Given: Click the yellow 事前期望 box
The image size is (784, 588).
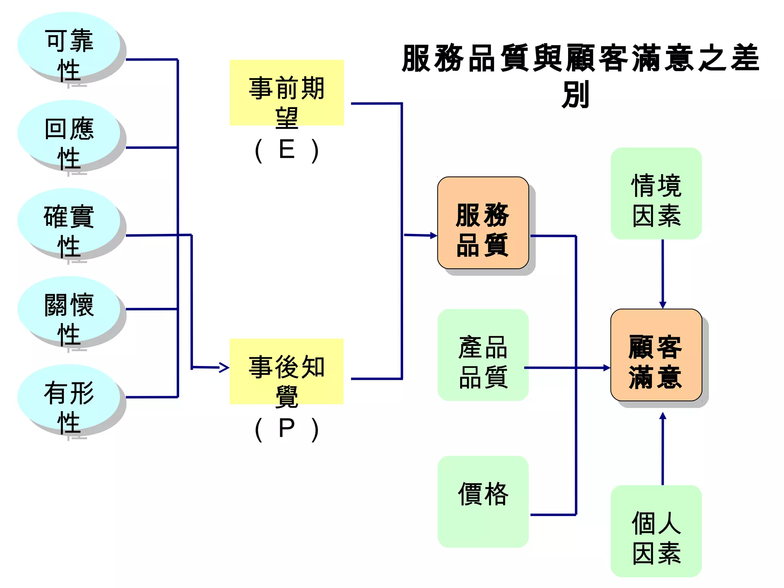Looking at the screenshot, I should pyautogui.click(x=286, y=93).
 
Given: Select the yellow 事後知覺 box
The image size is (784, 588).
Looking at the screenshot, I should pyautogui.click(x=286, y=371).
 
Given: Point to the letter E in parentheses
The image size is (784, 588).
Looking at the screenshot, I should pyautogui.click(x=287, y=150).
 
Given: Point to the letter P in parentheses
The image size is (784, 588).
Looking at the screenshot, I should pyautogui.click(x=287, y=428).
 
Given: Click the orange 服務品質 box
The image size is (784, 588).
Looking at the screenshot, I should pyautogui.click(x=483, y=223).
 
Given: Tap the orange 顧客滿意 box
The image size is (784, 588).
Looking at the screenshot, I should pyautogui.click(x=656, y=355).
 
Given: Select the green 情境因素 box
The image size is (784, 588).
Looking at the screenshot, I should pyautogui.click(x=656, y=193).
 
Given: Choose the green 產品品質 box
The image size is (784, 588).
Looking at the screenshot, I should pyautogui.click(x=483, y=355).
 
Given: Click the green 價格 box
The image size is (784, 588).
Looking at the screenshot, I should pyautogui.click(x=483, y=501).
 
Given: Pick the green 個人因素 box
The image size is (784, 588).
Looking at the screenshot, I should pyautogui.click(x=656, y=531).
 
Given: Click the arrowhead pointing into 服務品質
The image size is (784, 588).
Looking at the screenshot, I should pyautogui.click(x=433, y=235).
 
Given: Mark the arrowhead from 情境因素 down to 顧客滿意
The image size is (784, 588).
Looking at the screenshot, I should pyautogui.click(x=663, y=305).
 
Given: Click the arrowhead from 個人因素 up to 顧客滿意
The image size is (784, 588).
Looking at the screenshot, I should pyautogui.click(x=663, y=416).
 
